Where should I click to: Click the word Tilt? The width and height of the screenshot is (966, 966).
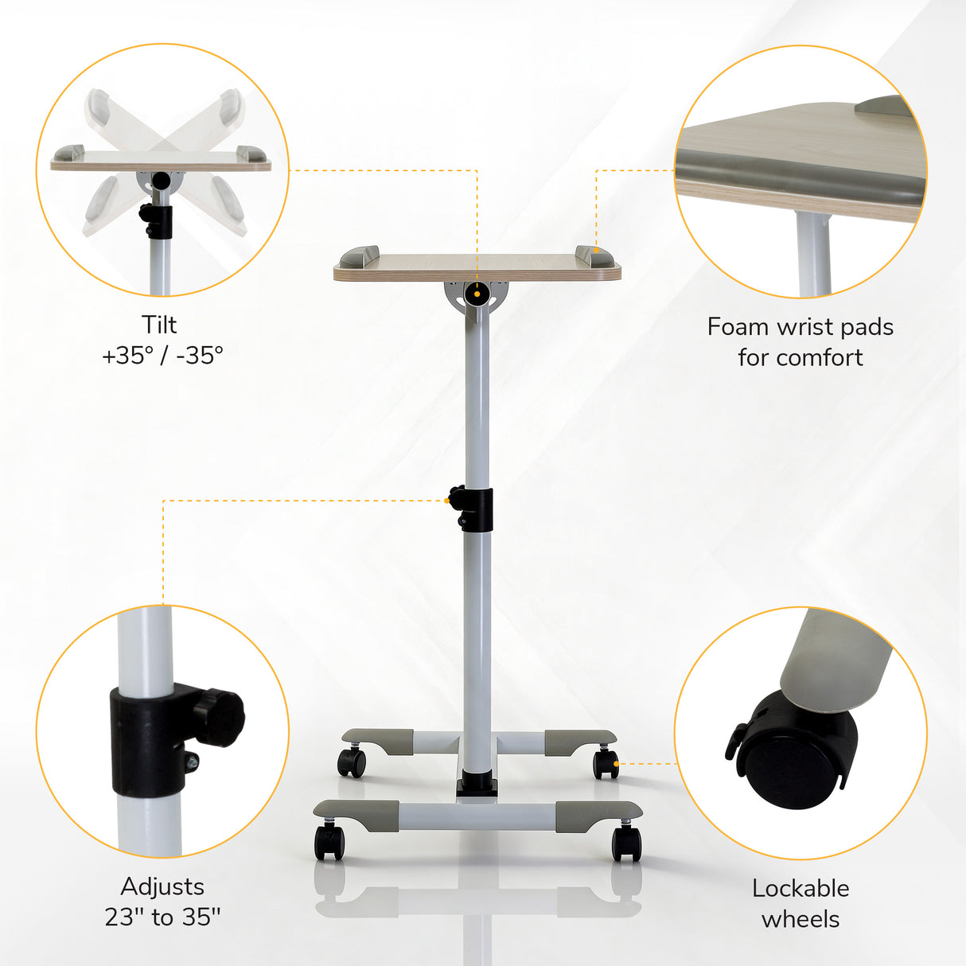click(x=159, y=325)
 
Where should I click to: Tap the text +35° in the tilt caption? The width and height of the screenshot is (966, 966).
click(x=127, y=355)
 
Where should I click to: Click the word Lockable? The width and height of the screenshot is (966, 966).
click(x=800, y=889)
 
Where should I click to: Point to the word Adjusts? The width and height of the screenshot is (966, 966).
click(x=162, y=886)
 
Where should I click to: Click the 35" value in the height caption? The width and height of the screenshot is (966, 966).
click(x=201, y=917)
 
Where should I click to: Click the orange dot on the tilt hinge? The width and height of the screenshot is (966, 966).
click(x=477, y=294)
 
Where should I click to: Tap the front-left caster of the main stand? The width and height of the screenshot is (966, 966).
click(x=329, y=842)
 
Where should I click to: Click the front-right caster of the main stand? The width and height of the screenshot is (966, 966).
click(x=626, y=843)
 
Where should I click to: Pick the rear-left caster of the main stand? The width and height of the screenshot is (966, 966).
click(x=352, y=762)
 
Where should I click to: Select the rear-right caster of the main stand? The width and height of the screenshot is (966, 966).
click(x=606, y=763)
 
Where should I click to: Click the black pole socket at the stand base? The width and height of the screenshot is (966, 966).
click(x=477, y=786)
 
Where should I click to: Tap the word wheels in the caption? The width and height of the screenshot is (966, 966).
click(x=800, y=919)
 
